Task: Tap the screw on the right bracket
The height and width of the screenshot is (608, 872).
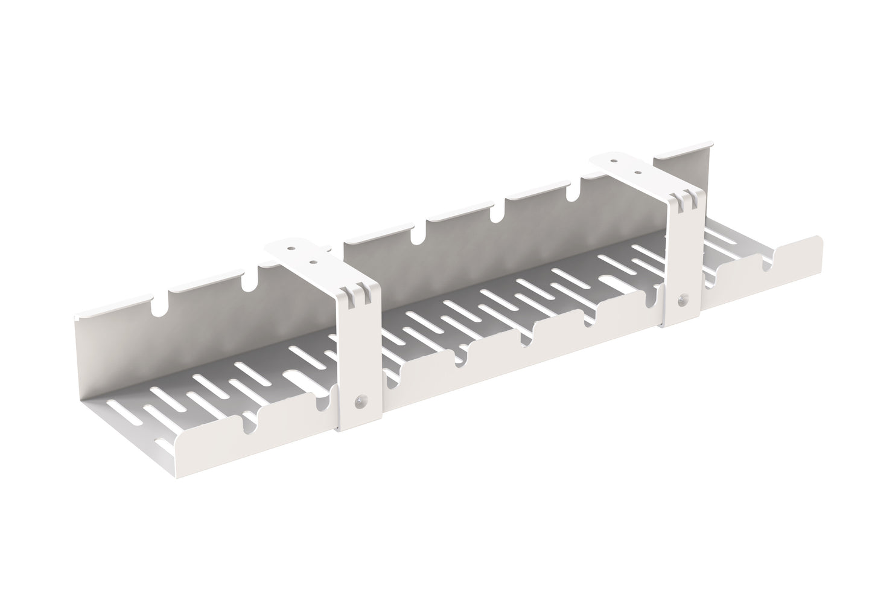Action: coord(683,298)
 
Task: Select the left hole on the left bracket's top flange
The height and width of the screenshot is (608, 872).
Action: coord(291,248)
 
